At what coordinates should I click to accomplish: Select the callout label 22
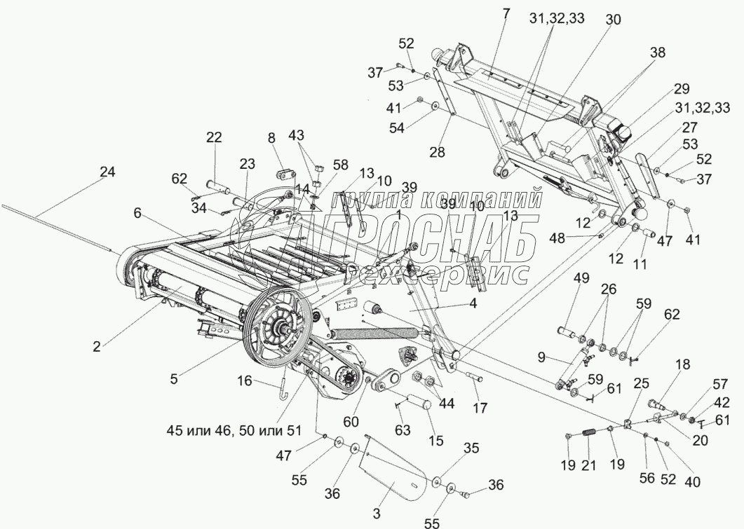click(x=214, y=139)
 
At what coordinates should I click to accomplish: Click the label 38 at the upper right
click(x=657, y=52)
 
